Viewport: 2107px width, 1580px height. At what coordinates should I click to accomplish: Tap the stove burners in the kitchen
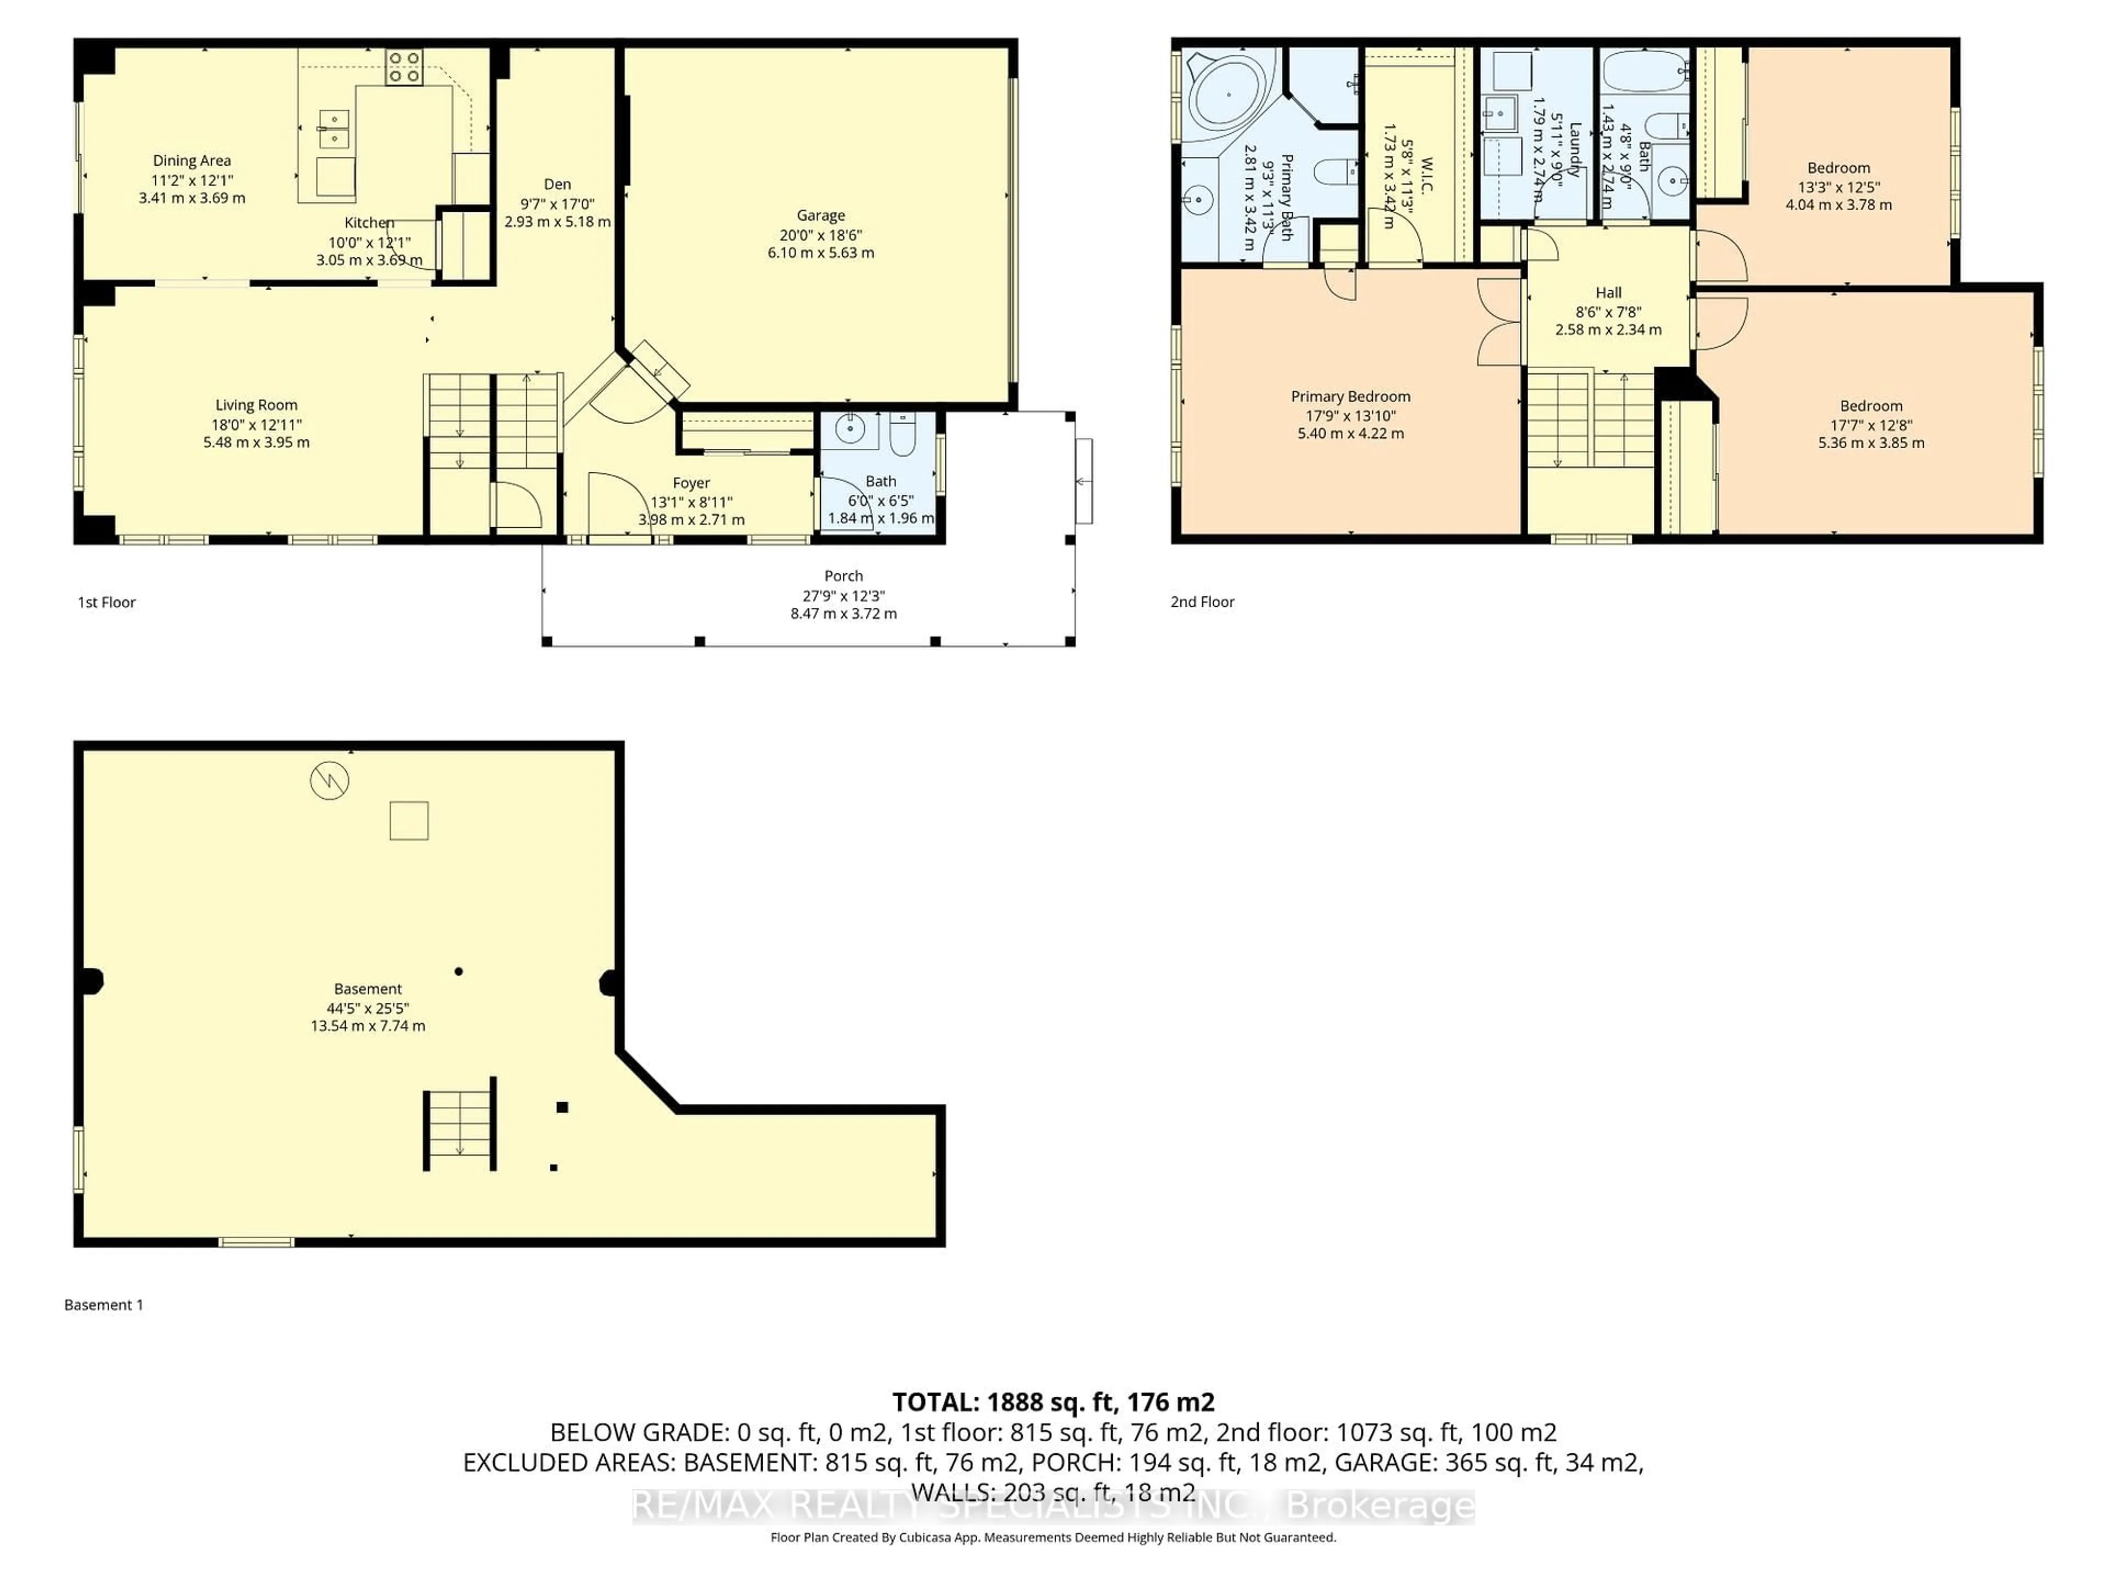[404, 67]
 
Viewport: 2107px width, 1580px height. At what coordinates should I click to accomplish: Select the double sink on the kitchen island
[334, 129]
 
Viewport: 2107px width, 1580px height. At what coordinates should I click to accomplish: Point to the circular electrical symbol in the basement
[330, 781]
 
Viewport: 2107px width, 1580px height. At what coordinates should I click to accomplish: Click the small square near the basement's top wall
[409, 820]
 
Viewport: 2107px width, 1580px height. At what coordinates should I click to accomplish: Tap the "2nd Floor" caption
[1202, 602]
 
